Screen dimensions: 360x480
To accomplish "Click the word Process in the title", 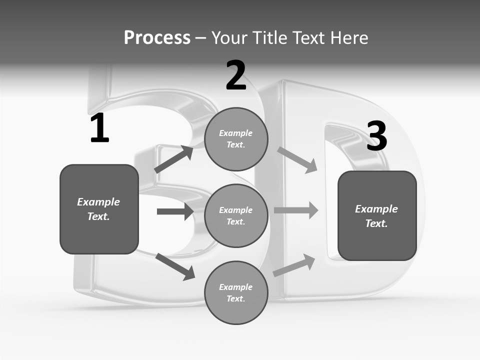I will [x=157, y=38].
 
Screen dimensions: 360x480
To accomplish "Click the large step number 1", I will [x=99, y=128].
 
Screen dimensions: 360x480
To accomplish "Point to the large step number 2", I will [x=236, y=75].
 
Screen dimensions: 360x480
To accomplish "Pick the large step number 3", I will [x=376, y=136].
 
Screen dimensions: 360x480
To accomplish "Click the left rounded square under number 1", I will [x=99, y=209].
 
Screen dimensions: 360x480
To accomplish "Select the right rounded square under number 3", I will [x=377, y=215].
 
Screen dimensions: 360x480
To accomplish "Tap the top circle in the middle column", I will [x=236, y=139].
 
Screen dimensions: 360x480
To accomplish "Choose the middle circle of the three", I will [x=236, y=215].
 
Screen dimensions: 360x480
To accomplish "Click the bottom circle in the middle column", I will [x=236, y=292].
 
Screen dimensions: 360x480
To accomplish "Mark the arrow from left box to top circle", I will [x=173, y=159].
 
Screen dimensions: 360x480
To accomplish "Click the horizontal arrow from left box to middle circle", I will [x=175, y=211].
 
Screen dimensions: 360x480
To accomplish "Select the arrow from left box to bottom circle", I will [x=175, y=267].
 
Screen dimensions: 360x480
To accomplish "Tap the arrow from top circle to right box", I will [x=297, y=159].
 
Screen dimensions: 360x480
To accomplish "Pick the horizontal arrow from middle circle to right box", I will [x=296, y=210].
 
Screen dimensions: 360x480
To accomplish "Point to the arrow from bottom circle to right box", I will [x=294, y=265].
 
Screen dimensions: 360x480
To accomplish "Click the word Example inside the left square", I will [x=98, y=202].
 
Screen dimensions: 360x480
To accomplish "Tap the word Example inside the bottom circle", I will [x=235, y=287].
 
